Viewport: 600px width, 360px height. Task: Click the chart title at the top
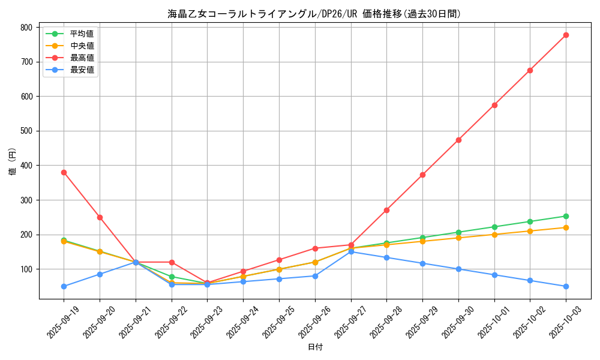[x=314, y=14]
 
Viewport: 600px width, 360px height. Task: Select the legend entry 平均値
[x=82, y=34]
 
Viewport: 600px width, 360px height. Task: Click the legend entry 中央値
[x=82, y=46]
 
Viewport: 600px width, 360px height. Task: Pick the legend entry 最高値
[x=82, y=58]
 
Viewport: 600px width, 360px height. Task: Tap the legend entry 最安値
[x=82, y=70]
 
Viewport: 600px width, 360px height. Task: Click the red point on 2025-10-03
[x=566, y=35]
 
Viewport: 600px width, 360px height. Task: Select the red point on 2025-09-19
[x=64, y=172]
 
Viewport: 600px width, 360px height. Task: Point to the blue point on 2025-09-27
[x=351, y=251]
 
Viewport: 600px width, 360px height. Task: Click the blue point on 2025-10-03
[x=566, y=286]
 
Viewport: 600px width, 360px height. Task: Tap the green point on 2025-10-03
[x=566, y=216]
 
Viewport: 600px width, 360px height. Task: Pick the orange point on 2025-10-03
[x=566, y=227]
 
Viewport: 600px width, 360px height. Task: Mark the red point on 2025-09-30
[x=458, y=140]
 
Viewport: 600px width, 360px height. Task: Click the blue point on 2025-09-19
[x=64, y=286]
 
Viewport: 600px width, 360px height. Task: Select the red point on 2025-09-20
[x=100, y=217]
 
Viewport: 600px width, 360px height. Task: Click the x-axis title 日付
[x=315, y=347]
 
